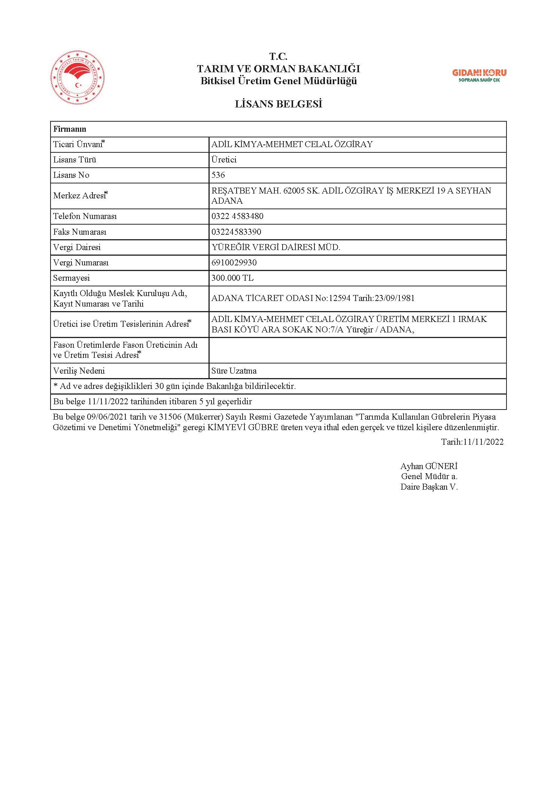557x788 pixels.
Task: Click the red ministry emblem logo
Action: (77, 78)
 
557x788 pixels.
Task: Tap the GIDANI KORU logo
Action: (479, 75)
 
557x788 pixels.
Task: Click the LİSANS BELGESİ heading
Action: (278, 104)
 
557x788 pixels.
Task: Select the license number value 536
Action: (218, 175)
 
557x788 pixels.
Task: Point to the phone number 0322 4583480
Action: (237, 216)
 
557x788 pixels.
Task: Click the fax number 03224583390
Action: (236, 232)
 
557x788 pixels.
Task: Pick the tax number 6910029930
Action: (234, 263)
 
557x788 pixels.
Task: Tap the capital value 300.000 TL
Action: (232, 278)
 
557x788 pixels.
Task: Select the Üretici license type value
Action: (224, 160)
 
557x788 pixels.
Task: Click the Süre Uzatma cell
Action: (234, 371)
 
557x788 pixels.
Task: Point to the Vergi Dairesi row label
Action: (77, 247)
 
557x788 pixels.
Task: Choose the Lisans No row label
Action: (71, 175)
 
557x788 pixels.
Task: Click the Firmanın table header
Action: (70, 129)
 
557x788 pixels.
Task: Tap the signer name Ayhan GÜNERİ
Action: (429, 466)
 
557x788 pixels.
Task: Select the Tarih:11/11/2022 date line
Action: (472, 442)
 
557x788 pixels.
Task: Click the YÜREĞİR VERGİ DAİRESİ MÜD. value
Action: (276, 247)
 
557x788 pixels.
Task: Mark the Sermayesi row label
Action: (71, 278)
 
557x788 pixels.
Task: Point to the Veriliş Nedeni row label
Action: (79, 371)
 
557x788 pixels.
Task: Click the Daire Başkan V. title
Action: (429, 487)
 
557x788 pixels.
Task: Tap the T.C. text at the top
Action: (278, 57)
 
